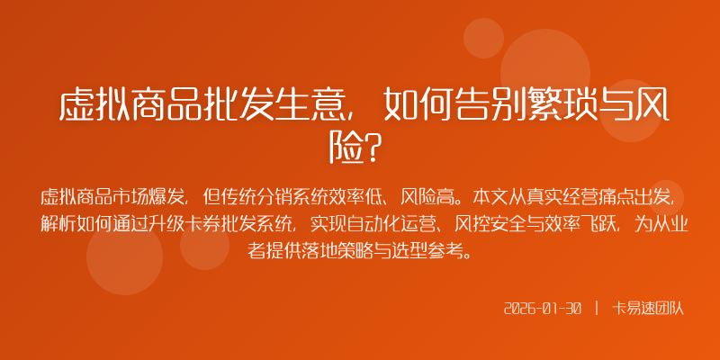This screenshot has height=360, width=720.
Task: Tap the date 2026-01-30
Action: (x=543, y=308)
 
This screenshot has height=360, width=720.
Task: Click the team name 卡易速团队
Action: (x=649, y=308)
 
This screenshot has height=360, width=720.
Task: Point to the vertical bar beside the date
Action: (x=597, y=308)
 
